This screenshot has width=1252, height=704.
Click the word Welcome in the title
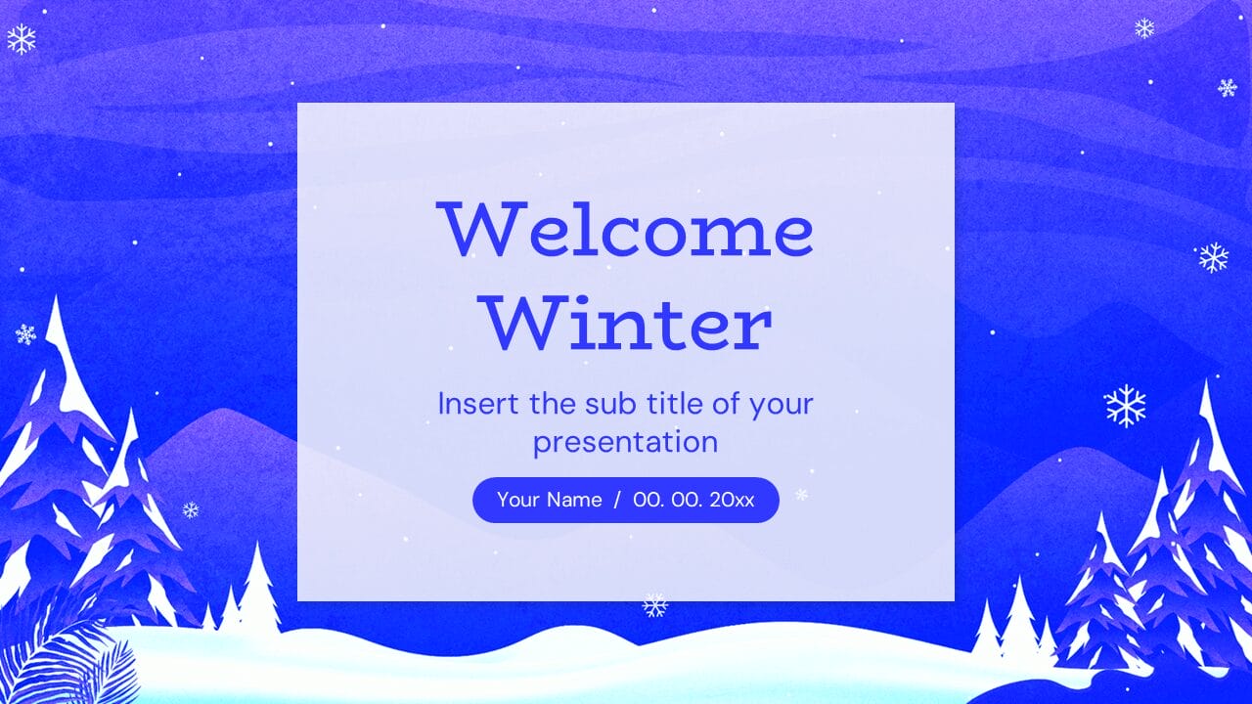pyautogui.click(x=625, y=231)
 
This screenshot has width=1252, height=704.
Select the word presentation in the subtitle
pyautogui.click(x=625, y=442)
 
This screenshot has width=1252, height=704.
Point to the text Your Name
pyautogui.click(x=549, y=500)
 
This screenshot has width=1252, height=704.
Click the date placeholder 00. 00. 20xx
pyautogui.click(x=693, y=500)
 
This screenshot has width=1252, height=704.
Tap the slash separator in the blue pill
pyautogui.click(x=617, y=500)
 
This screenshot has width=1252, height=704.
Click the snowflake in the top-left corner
pyautogui.click(x=22, y=39)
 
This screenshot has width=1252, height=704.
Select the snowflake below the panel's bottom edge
pyautogui.click(x=654, y=605)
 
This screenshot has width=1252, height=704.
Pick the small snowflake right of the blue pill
pyautogui.click(x=801, y=495)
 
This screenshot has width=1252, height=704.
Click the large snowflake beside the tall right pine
pyautogui.click(x=1125, y=405)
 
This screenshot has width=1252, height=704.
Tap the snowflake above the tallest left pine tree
pyautogui.click(x=25, y=334)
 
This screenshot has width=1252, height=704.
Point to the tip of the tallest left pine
pyautogui.click(x=56, y=301)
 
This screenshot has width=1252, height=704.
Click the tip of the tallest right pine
pyautogui.click(x=1206, y=384)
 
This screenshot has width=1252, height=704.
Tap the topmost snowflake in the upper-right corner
pyautogui.click(x=1144, y=28)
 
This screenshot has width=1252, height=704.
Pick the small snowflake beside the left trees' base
pyautogui.click(x=191, y=509)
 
